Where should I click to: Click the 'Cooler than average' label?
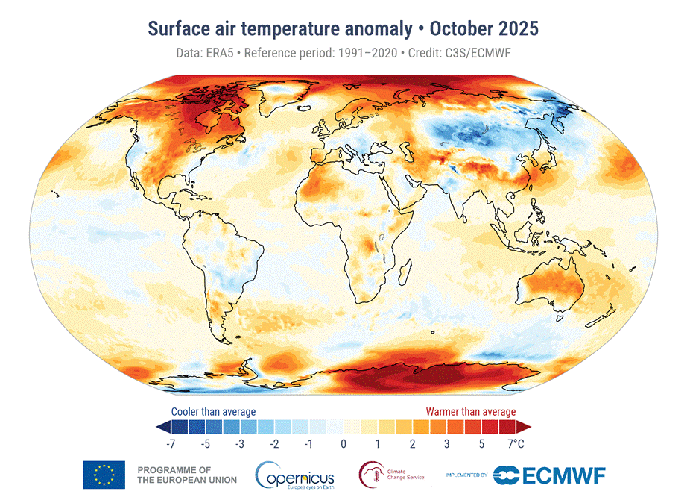213,411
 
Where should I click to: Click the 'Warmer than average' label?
470,411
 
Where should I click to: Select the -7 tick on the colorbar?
171,444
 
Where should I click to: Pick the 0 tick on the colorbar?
343,444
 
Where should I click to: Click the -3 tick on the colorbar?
240,444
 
